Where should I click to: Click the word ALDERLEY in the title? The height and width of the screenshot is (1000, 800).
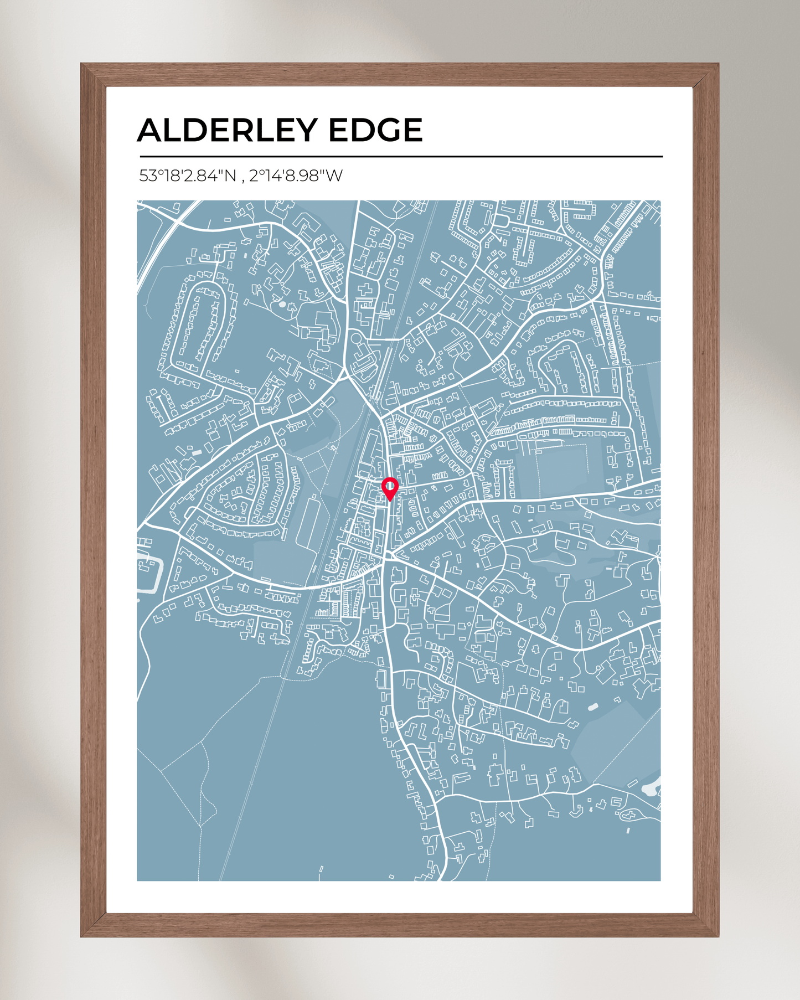tap(228, 130)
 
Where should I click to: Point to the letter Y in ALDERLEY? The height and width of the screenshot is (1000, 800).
tap(304, 130)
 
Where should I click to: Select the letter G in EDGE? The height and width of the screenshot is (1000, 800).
tap(391, 130)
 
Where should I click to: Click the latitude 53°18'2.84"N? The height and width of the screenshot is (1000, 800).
tap(188, 176)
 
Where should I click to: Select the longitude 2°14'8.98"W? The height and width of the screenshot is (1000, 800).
tap(296, 176)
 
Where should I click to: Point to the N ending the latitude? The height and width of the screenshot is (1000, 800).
tap(230, 176)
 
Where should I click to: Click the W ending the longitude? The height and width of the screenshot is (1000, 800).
tap(334, 176)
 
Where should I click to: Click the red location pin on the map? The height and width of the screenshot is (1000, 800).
tap(390, 488)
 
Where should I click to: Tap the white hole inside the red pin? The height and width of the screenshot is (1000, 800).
tap(390, 486)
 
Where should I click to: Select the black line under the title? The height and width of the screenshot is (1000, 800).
tap(401, 157)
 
